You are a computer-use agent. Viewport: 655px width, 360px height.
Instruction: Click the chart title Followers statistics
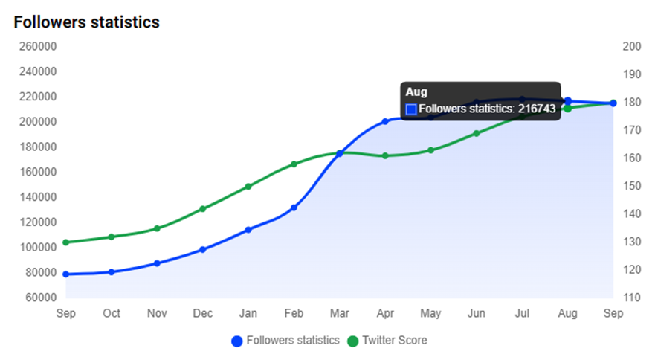(x=86, y=22)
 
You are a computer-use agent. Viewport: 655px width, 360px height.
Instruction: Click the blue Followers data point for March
(x=340, y=153)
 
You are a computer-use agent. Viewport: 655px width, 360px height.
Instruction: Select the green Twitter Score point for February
(x=294, y=164)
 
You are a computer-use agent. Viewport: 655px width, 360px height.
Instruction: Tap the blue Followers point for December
(x=202, y=249)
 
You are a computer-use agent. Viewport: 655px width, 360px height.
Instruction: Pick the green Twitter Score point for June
(x=477, y=133)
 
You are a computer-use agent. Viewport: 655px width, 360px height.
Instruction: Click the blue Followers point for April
(x=385, y=120)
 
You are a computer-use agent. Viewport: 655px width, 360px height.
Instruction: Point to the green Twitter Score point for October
(x=112, y=237)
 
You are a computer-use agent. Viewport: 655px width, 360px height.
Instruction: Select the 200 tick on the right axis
(x=631, y=46)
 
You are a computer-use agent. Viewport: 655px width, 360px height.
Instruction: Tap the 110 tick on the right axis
(x=631, y=298)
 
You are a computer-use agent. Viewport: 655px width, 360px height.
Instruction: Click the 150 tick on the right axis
(x=631, y=186)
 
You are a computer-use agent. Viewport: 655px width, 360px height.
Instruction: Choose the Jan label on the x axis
(x=248, y=314)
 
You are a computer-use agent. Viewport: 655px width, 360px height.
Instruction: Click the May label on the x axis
(x=431, y=314)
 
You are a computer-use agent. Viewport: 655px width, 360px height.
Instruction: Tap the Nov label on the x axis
(x=157, y=314)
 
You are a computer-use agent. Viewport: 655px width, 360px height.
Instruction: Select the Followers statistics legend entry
(x=285, y=341)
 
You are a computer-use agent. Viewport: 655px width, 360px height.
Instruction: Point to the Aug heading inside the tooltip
(x=416, y=91)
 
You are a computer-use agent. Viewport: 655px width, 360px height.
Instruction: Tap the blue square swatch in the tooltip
(x=411, y=109)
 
